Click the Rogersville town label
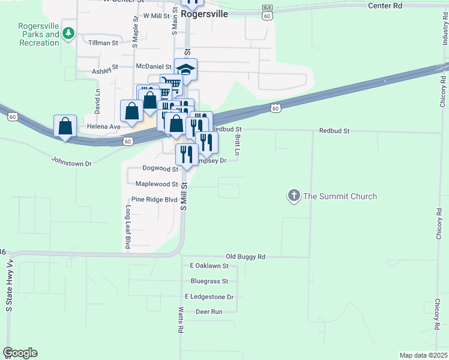[x=204, y=13]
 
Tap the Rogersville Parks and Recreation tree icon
[x=69, y=34]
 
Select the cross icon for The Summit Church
[x=294, y=196]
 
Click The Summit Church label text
[x=340, y=196]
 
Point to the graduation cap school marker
[x=186, y=71]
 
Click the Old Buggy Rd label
[x=246, y=256]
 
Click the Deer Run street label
[x=209, y=311]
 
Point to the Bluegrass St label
[x=209, y=281]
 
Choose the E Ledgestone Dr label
[x=209, y=296]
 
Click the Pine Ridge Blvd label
[x=154, y=199]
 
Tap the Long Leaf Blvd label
[x=128, y=227]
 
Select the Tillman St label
[x=103, y=43]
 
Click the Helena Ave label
[x=104, y=127]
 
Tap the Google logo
[x=20, y=353]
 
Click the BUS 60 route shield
[x=267, y=13]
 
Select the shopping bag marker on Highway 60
[x=65, y=126]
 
